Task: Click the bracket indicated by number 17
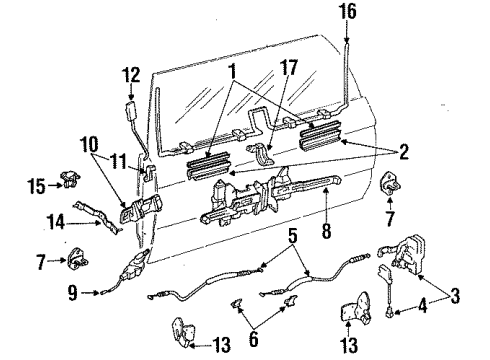[x=262, y=154]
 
